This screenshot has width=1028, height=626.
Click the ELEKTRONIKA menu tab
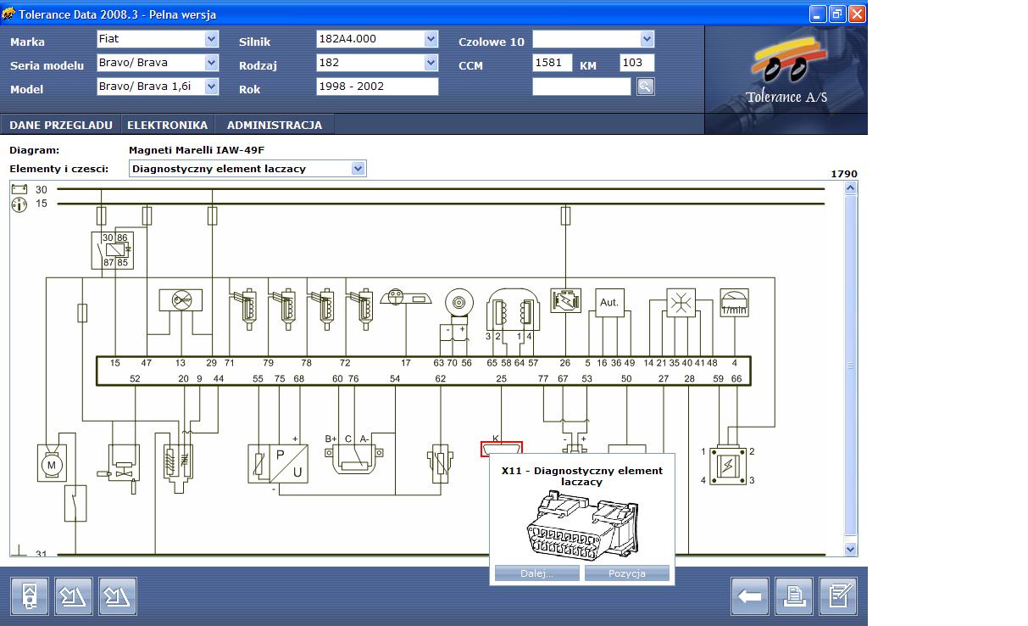[167, 125]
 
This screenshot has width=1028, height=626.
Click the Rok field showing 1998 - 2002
[377, 87]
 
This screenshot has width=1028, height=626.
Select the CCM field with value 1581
[553, 63]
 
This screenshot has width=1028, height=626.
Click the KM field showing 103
[636, 63]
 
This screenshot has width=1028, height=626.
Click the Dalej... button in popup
[536, 573]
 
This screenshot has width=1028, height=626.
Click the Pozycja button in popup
[627, 573]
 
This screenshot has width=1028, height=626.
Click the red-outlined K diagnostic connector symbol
[502, 448]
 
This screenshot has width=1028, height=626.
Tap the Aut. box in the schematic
[609, 303]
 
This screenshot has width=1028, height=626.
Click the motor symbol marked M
[51, 464]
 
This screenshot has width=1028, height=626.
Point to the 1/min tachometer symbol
[734, 303]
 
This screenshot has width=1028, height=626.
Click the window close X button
[857, 14]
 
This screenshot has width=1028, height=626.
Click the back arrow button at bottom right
[749, 596]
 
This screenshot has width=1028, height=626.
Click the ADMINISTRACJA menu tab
[274, 125]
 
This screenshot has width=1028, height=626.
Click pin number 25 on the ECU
[502, 378]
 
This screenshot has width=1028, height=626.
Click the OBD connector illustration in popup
[581, 526]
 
